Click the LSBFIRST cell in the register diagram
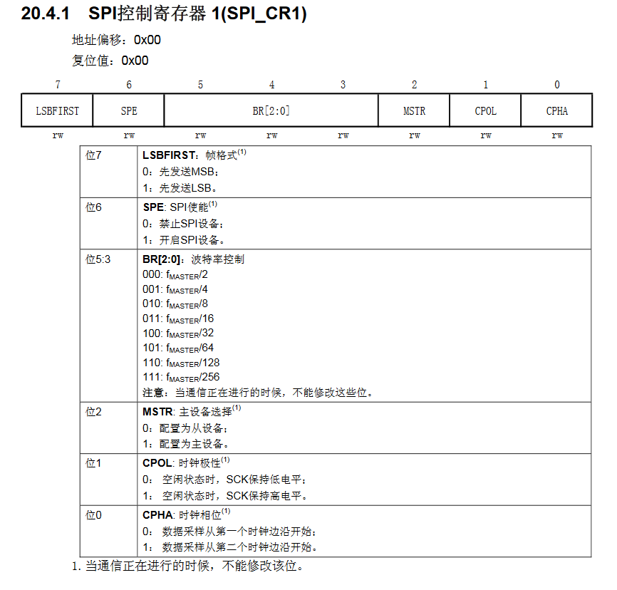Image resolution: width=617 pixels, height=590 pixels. point(58,111)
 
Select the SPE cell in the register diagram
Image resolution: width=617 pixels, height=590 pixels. point(129,111)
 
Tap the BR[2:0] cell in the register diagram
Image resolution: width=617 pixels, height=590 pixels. point(271,111)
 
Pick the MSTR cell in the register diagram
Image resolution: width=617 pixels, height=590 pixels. point(414,111)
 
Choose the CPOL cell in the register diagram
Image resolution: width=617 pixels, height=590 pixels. point(485,111)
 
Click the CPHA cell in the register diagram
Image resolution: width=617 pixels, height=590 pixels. point(557,111)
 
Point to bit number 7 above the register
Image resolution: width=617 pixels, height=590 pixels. point(58,85)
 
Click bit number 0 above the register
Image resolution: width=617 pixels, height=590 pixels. point(557,85)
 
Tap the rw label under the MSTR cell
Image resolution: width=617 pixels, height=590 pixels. point(414,135)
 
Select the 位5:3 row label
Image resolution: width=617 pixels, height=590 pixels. point(98,259)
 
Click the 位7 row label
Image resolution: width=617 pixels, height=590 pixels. point(94,155)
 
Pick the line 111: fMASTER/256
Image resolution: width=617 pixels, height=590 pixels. point(181,377)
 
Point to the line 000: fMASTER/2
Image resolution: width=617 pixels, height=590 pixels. point(175,274)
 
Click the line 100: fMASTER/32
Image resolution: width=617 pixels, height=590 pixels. point(178,333)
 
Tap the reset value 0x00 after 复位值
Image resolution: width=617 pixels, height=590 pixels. point(135,61)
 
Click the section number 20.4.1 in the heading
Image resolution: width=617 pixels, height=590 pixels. point(45,14)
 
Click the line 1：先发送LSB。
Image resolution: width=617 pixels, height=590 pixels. point(180,189)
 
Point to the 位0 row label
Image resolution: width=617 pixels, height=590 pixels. point(94,514)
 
